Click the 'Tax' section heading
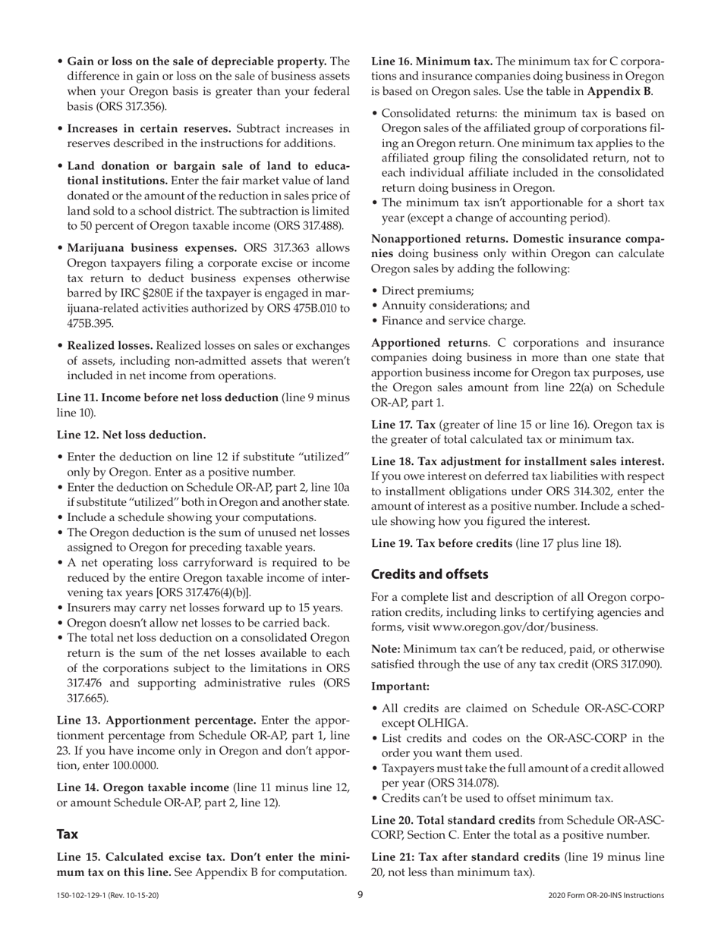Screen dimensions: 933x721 pyautogui.click(x=68, y=834)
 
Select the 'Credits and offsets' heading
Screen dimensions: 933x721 pyautogui.click(x=429, y=574)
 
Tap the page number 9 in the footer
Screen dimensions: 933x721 pyautogui.click(x=360, y=895)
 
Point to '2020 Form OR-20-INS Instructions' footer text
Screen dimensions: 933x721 pyautogui.click(x=606, y=896)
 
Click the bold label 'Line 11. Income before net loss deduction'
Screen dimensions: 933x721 pyautogui.click(x=168, y=397)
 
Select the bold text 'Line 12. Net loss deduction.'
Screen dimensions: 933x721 pyautogui.click(x=131, y=435)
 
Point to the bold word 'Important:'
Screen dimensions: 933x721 pyautogui.click(x=400, y=686)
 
